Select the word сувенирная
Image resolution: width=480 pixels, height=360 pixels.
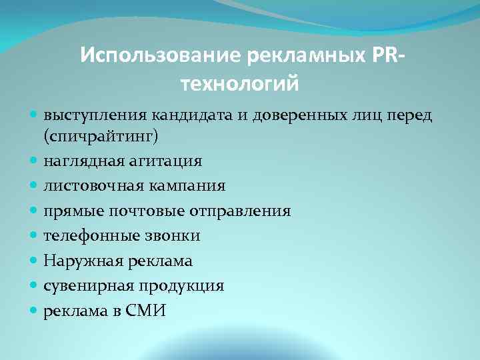click(x=88, y=285)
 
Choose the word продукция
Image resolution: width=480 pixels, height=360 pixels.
click(x=181, y=285)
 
